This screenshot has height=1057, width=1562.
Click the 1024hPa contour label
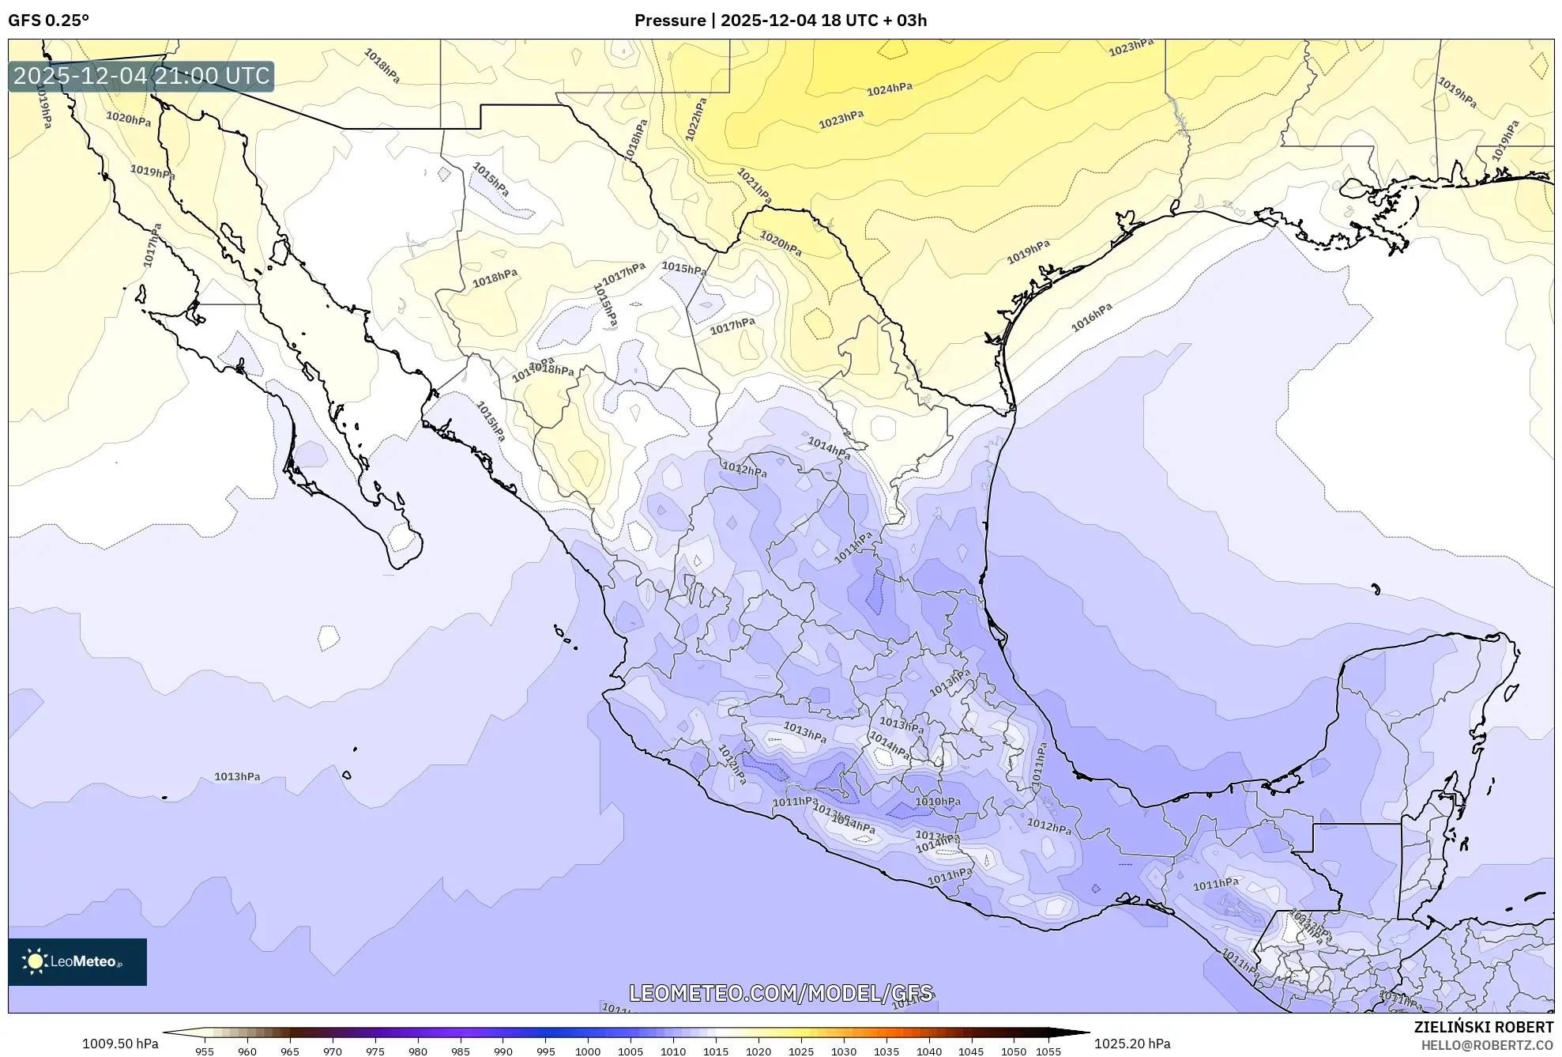[890, 89]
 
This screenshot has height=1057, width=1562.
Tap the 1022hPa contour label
[696, 119]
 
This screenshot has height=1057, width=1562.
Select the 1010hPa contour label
[938, 802]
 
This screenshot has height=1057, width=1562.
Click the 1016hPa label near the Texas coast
[1092, 317]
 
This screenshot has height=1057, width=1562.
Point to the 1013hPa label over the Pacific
[237, 776]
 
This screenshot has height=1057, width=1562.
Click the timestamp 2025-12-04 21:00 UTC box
[141, 76]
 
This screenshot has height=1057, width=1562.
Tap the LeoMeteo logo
[77, 961]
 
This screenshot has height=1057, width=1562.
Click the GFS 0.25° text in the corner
[49, 21]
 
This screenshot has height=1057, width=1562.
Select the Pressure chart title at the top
[780, 21]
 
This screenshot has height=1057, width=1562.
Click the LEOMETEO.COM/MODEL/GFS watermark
[781, 993]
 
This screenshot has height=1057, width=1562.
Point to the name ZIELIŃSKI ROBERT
[1483, 1027]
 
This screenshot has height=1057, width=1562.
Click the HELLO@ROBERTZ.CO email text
[1487, 1045]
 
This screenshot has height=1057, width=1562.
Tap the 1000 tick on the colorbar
[587, 1051]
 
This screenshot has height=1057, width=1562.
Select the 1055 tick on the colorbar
[1048, 1051]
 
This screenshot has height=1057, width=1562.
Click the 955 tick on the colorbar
[205, 1051]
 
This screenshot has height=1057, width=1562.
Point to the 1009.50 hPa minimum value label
[120, 1044]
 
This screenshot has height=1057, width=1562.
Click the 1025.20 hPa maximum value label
[1132, 1044]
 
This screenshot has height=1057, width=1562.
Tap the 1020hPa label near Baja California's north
[129, 119]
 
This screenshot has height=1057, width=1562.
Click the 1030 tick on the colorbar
[843, 1051]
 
